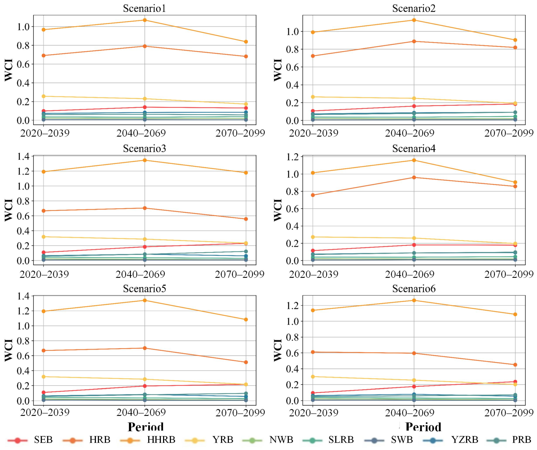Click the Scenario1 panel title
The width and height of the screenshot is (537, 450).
click(x=144, y=8)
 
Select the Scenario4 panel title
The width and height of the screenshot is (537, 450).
click(x=414, y=148)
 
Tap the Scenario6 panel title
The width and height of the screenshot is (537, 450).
click(x=414, y=288)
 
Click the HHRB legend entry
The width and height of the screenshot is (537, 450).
click(x=148, y=440)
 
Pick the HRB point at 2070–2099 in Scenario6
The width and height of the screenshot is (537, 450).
click(x=515, y=365)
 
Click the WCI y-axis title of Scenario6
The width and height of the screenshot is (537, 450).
click(x=278, y=350)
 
